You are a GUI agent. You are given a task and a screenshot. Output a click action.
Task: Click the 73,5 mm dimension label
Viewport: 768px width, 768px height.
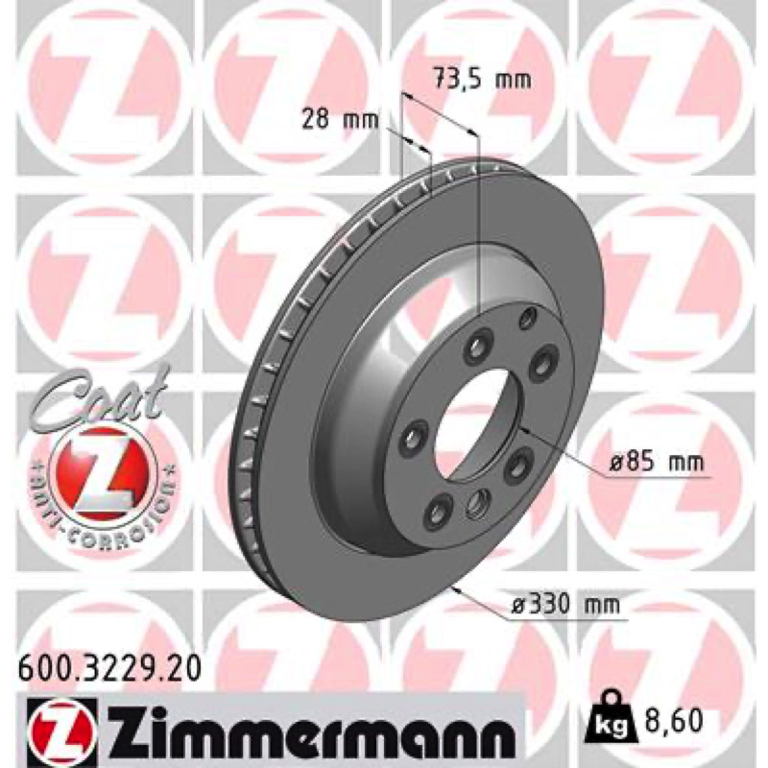(483, 79)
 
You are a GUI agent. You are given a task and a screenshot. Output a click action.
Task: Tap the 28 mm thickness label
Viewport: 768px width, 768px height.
(340, 119)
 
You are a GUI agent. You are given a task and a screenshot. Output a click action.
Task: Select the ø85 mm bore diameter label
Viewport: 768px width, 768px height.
(657, 462)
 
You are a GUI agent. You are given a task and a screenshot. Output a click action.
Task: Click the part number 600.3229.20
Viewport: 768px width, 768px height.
(109, 668)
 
